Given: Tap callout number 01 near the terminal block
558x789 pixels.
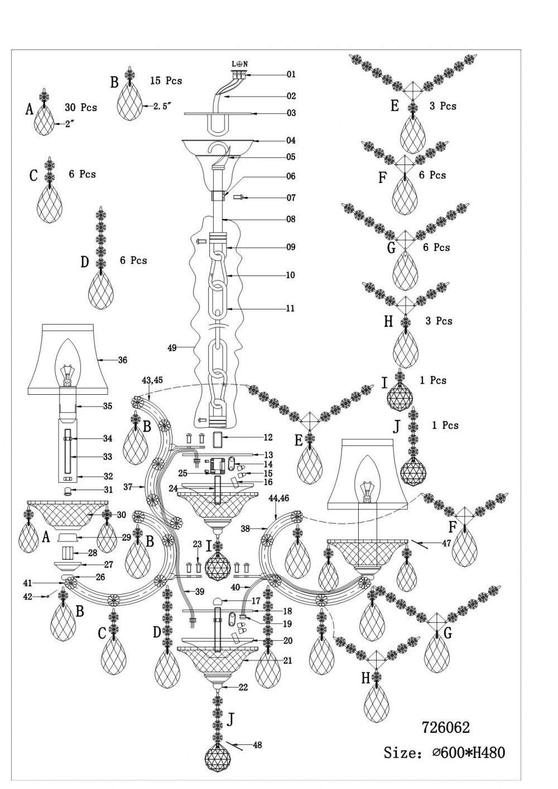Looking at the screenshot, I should tap(291, 74).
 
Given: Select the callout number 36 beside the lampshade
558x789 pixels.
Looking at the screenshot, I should tap(122, 360).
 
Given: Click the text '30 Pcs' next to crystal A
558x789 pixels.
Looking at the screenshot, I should tap(80, 108).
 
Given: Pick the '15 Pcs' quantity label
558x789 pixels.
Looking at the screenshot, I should tap(166, 81).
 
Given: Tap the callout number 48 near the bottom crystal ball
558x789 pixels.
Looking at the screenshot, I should tap(257, 744).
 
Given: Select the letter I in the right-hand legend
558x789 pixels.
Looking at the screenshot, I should tap(384, 383).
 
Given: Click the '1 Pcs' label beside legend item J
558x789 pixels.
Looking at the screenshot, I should tap(445, 425).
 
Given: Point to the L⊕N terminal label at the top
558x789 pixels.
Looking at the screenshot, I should tap(239, 64).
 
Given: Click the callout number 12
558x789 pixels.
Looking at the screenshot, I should tap(268, 437).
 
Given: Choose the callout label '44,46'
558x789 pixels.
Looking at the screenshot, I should tap(278, 497).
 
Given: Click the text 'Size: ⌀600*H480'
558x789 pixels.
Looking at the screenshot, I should tap(444, 753).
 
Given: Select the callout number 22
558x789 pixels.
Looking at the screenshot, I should tap(243, 688).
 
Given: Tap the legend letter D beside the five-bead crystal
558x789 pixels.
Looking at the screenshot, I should tap(84, 262).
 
